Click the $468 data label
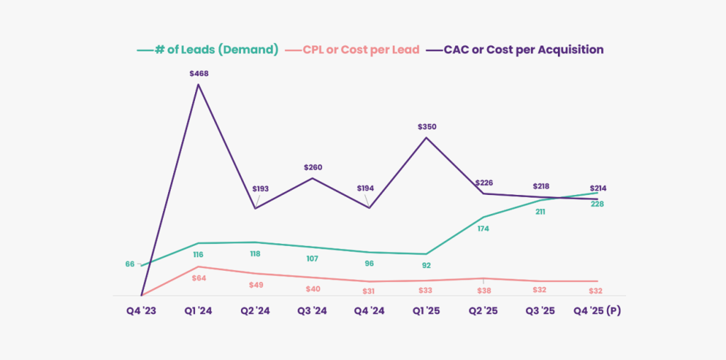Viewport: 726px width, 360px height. click(x=199, y=74)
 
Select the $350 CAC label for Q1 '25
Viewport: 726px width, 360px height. click(x=426, y=127)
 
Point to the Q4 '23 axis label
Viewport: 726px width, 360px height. click(x=141, y=310)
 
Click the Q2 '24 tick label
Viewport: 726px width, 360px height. click(x=255, y=310)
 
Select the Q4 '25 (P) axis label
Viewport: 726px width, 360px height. click(x=597, y=310)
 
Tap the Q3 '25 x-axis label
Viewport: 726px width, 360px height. click(x=540, y=310)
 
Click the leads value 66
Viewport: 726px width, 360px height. click(x=130, y=264)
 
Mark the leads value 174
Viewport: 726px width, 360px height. click(x=484, y=229)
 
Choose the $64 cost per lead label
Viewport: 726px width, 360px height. click(x=199, y=279)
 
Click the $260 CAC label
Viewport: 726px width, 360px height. click(x=313, y=168)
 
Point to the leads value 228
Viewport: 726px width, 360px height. click(x=597, y=204)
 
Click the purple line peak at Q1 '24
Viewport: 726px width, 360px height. click(x=199, y=84)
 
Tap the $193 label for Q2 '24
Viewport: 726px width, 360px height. click(x=262, y=190)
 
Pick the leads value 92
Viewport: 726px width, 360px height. click(x=426, y=266)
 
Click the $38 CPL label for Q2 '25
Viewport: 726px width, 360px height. click(x=484, y=290)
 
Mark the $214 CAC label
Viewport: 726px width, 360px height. click(x=597, y=189)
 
